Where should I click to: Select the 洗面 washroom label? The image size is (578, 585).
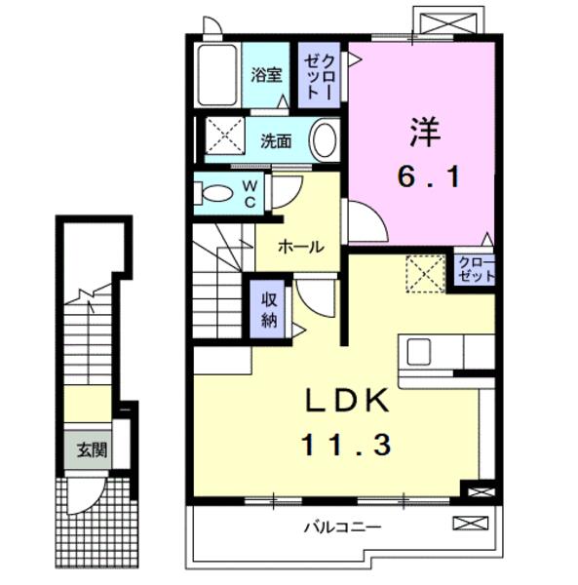[276, 140]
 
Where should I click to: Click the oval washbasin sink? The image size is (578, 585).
[325, 139]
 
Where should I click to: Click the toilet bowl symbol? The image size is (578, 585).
[216, 191]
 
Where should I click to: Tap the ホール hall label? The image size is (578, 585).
[300, 247]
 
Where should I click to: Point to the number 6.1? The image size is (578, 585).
[427, 176]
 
